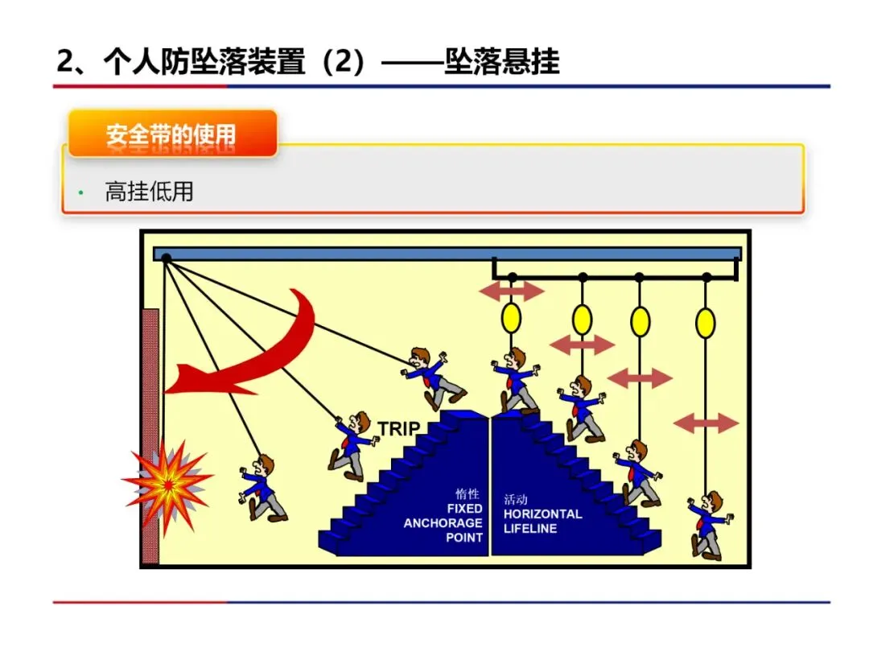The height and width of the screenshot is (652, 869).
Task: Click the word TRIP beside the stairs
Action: (399, 428)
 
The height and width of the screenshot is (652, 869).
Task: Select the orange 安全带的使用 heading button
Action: (172, 134)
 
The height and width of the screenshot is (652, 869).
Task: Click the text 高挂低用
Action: (149, 192)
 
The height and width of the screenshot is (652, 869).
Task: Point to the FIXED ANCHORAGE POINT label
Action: (444, 523)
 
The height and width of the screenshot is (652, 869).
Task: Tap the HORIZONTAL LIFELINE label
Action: (542, 521)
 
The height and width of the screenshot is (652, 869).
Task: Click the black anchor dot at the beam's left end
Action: (167, 258)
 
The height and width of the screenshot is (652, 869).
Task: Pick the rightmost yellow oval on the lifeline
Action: (705, 323)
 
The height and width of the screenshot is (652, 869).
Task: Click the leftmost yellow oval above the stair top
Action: (511, 317)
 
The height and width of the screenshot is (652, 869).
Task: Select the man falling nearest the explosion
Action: (262, 488)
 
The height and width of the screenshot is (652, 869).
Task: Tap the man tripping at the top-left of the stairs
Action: (433, 378)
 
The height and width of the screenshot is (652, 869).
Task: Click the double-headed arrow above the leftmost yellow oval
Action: (512, 291)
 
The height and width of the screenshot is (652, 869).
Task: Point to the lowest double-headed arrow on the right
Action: (705, 423)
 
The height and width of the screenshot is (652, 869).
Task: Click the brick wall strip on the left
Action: (150, 435)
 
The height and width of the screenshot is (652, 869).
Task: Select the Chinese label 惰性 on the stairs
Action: (467, 494)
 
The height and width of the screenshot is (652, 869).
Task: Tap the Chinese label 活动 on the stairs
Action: (516, 499)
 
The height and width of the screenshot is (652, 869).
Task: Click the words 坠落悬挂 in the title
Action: (501, 62)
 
